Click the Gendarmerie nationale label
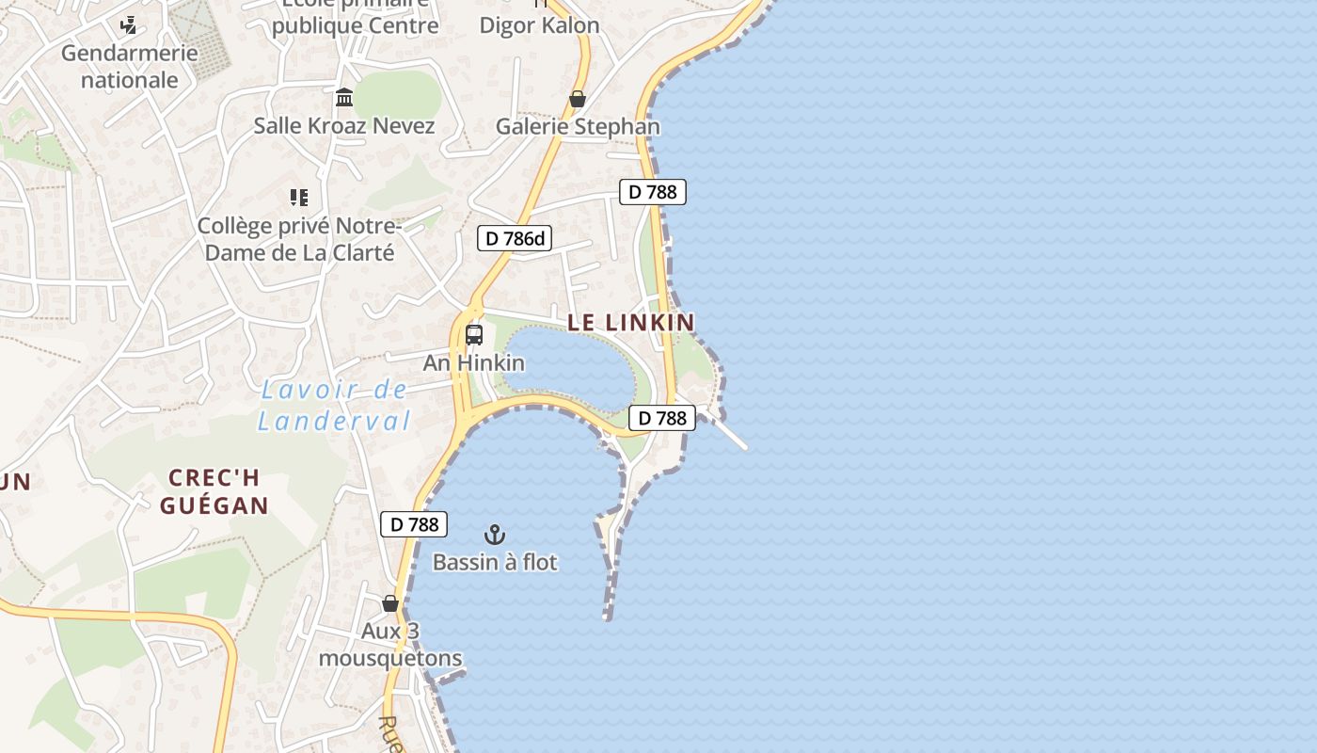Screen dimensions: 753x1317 pyautogui.click(x=130, y=66)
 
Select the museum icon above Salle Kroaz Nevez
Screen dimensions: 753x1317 pyautogui.click(x=344, y=97)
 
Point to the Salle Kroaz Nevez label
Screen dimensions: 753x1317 pyautogui.click(x=344, y=125)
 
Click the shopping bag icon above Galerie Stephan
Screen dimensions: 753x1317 pyautogui.click(x=578, y=99)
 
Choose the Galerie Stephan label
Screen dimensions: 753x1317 pyautogui.click(x=578, y=126)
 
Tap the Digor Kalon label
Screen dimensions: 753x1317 pyautogui.click(x=539, y=25)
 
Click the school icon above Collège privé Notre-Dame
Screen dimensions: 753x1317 pyautogui.click(x=299, y=198)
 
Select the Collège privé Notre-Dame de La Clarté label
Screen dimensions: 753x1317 pyautogui.click(x=299, y=239)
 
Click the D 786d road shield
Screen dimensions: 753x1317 pyautogui.click(x=514, y=238)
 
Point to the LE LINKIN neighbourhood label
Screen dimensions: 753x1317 pyautogui.click(x=631, y=322)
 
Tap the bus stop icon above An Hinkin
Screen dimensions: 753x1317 pyautogui.click(x=474, y=335)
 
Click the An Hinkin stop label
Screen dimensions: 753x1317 pyautogui.click(x=474, y=362)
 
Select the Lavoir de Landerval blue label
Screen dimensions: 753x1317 pyautogui.click(x=335, y=405)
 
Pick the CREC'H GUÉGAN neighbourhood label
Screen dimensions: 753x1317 pyautogui.click(x=214, y=491)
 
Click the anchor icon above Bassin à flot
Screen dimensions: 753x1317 pyautogui.click(x=495, y=535)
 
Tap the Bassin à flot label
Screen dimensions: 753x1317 pyautogui.click(x=495, y=562)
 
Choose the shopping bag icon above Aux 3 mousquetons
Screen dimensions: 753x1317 pyautogui.click(x=390, y=603)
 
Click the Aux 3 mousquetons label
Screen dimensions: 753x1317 pyautogui.click(x=390, y=645)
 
